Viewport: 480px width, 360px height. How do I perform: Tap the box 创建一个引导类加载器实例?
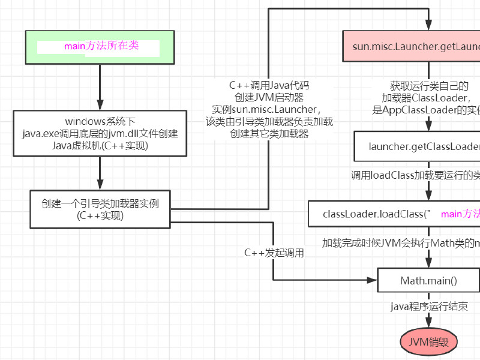(x=100, y=209)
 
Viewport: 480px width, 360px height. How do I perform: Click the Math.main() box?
(x=428, y=280)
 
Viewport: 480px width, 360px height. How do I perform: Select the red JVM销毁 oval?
(x=428, y=342)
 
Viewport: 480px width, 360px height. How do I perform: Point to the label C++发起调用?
(x=274, y=253)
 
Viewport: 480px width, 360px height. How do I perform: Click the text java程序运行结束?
(x=427, y=307)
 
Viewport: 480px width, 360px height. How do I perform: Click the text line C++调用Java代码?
(x=269, y=86)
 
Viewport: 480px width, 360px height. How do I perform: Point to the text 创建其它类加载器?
(x=269, y=133)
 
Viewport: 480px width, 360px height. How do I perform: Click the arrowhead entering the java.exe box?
(x=100, y=107)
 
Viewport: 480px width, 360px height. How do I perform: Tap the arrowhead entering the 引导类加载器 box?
(x=100, y=185)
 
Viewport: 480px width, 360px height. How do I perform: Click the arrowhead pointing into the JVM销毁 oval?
(x=428, y=325)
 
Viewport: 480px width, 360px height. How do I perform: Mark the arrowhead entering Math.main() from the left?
(x=373, y=280)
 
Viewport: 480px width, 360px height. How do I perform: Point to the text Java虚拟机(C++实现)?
(x=100, y=145)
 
